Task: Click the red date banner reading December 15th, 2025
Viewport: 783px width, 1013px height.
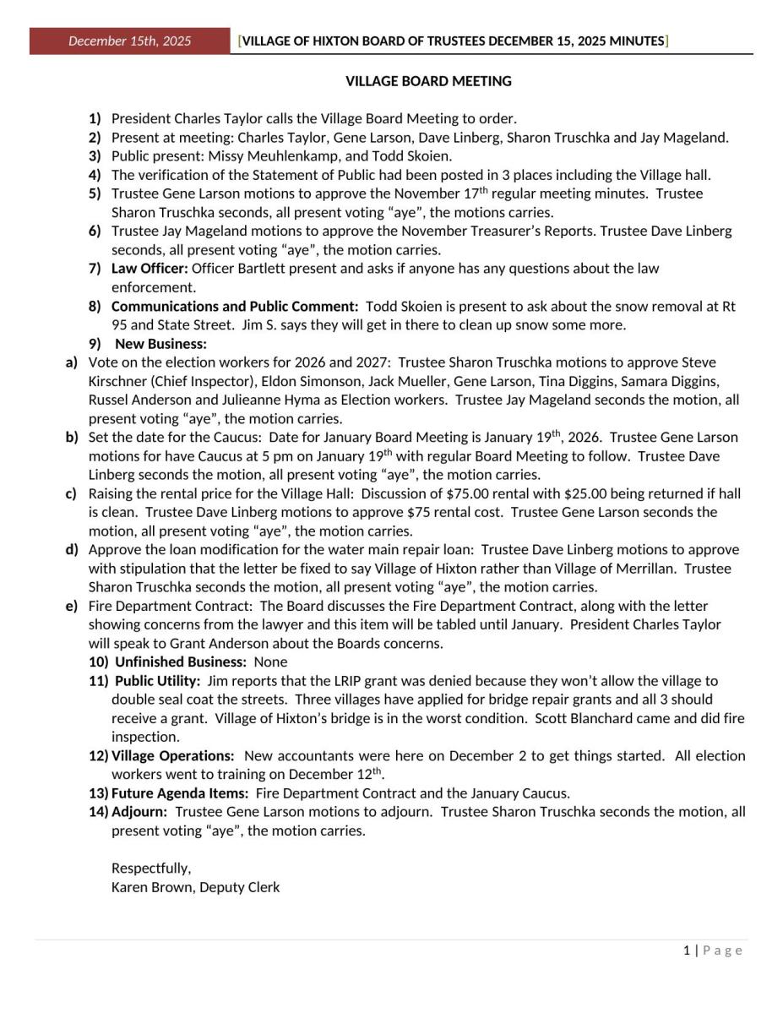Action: (129, 41)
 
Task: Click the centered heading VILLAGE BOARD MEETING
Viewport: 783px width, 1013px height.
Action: (428, 81)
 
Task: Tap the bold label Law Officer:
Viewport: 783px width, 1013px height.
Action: (150, 269)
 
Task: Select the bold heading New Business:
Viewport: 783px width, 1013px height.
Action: (160, 344)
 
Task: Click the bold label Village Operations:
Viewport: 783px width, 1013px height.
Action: (172, 755)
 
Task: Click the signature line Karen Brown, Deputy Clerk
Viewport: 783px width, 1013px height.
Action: (195, 887)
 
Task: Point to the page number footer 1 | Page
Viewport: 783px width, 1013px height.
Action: (713, 950)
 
